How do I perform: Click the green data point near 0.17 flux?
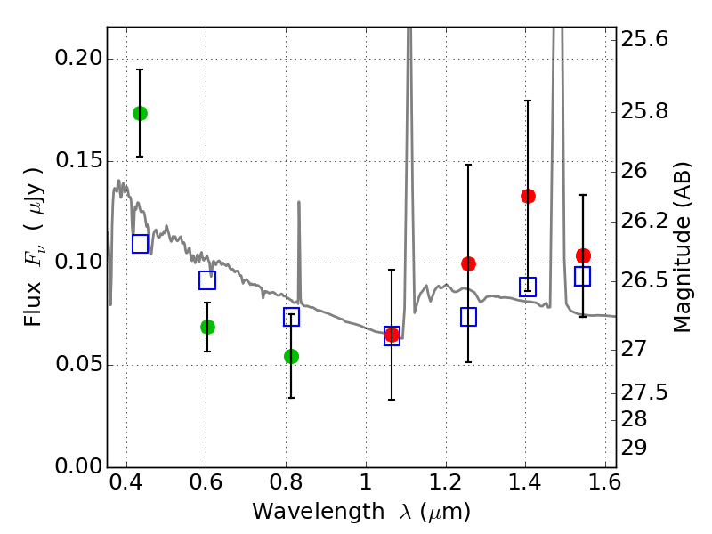click(x=140, y=113)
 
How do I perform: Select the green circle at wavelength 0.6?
click(x=207, y=327)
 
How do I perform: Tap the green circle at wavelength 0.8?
click(x=291, y=356)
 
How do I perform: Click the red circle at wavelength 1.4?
click(x=528, y=196)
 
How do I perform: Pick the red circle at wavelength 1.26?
click(x=469, y=263)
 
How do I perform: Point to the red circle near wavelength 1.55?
click(x=583, y=256)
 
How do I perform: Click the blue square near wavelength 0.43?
click(x=140, y=243)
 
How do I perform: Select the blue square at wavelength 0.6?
click(x=207, y=280)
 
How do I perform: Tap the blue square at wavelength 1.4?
click(x=528, y=287)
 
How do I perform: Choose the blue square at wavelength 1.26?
click(x=469, y=317)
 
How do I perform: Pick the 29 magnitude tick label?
click(x=639, y=447)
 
